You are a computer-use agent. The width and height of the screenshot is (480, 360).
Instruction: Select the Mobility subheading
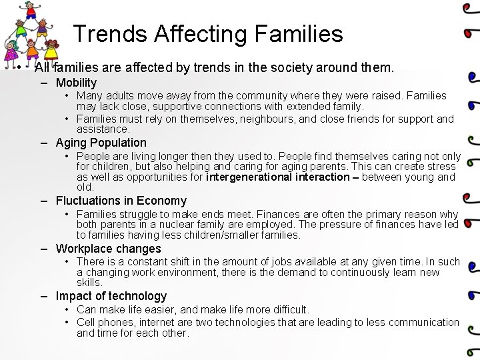click(x=76, y=83)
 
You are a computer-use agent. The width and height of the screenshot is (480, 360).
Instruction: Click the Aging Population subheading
click(x=101, y=143)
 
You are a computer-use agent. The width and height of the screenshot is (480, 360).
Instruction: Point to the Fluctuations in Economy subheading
click(x=121, y=201)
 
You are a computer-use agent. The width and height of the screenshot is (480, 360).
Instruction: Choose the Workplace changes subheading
click(x=108, y=249)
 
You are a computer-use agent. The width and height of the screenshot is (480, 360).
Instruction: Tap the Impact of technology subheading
click(x=111, y=296)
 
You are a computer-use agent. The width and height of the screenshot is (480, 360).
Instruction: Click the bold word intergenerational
click(x=255, y=177)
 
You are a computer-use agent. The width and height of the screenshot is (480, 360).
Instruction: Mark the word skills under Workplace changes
click(x=89, y=283)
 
